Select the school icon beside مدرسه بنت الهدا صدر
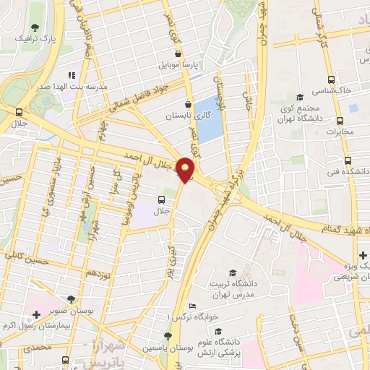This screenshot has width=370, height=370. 71,74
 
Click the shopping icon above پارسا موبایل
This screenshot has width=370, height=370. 178,53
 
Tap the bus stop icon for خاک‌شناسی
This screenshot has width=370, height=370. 331,80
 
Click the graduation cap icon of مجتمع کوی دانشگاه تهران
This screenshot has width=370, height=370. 300,97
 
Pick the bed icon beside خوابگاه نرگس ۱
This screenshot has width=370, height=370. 191,306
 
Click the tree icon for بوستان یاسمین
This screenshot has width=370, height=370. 168,336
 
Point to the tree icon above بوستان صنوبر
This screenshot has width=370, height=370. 70,298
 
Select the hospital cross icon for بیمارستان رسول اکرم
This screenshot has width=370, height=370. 36,314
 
